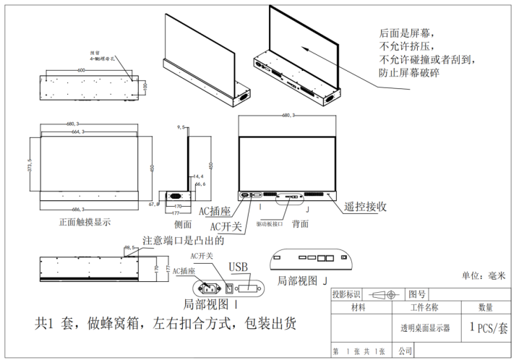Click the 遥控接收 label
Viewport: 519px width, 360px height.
(366, 207)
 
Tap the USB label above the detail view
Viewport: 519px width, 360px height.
(238, 267)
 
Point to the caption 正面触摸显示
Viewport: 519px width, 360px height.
(85, 222)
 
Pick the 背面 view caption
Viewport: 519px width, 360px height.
(300, 223)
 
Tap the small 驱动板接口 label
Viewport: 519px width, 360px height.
(270, 224)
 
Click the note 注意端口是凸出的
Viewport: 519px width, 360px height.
(184, 241)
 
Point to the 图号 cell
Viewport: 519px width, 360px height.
(417, 294)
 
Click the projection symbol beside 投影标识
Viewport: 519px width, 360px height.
(383, 295)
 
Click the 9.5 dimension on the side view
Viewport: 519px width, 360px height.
(181, 127)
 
